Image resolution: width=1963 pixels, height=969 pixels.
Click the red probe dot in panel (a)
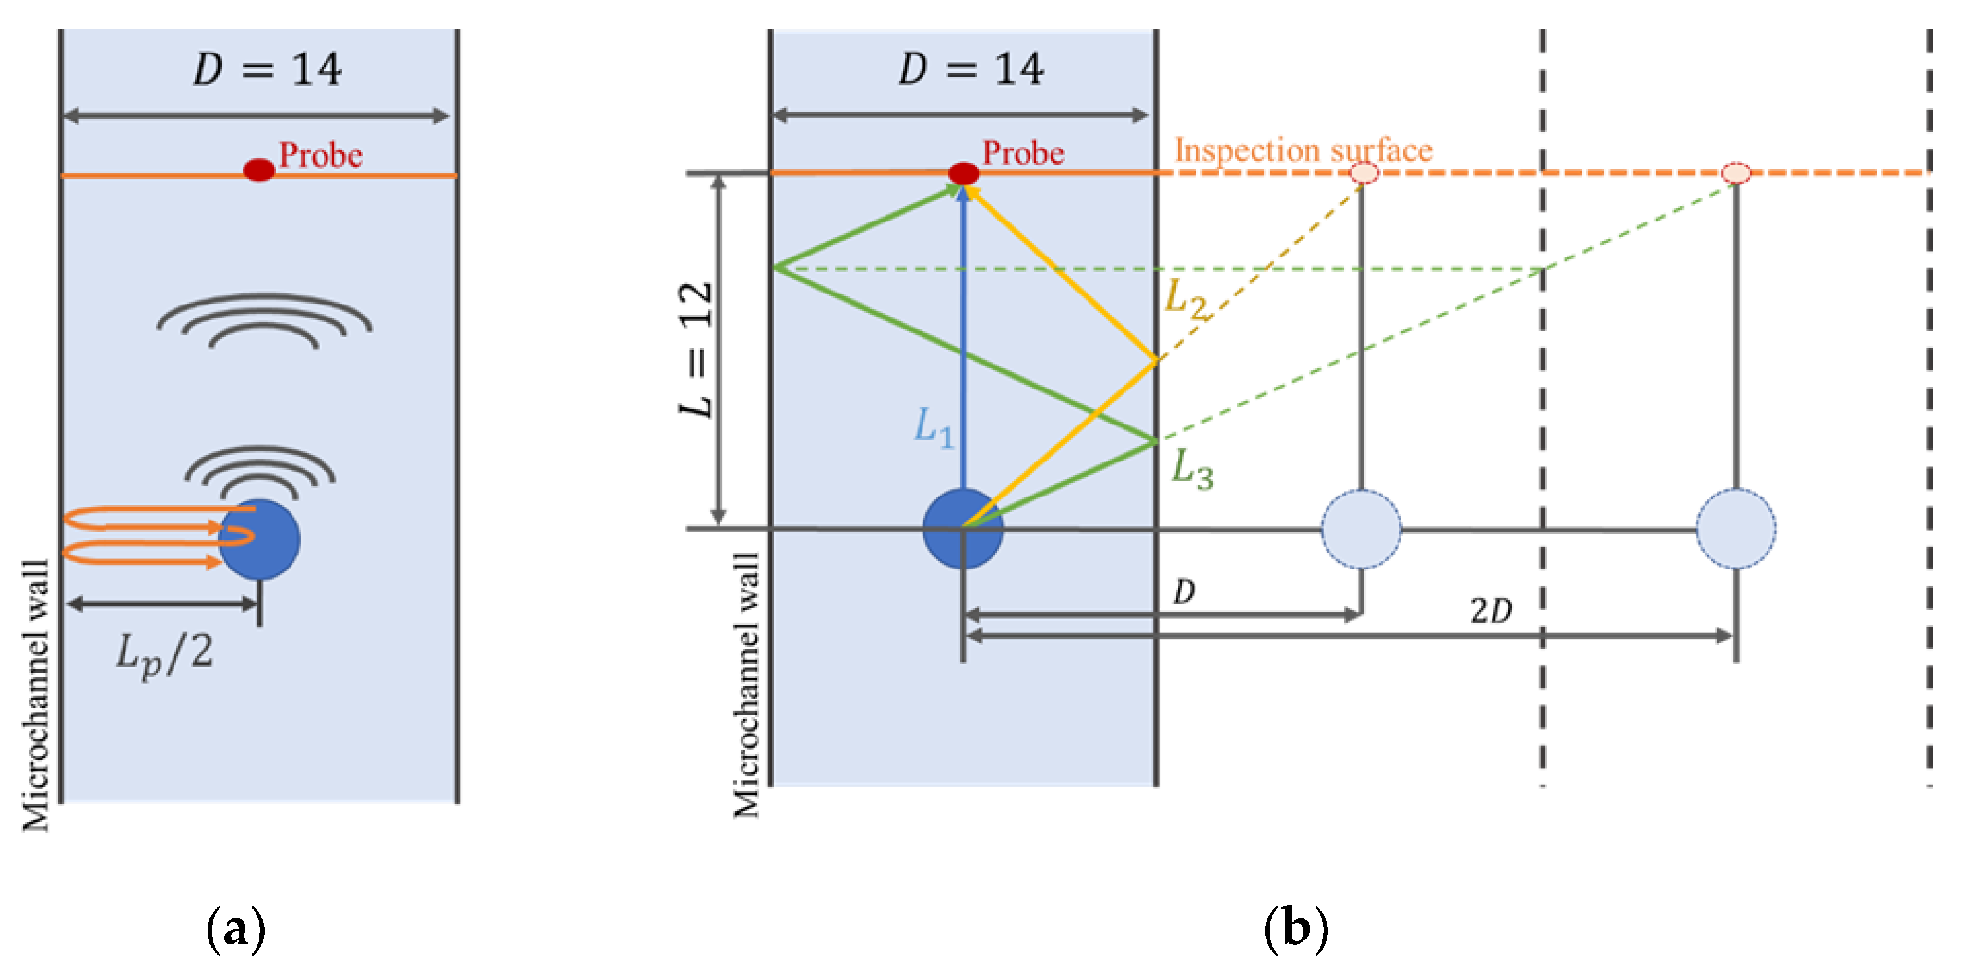click(259, 170)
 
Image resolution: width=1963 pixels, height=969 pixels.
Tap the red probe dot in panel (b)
click(963, 173)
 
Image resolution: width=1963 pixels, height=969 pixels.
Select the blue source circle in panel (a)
click(259, 540)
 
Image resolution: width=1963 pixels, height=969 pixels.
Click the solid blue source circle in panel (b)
click(963, 529)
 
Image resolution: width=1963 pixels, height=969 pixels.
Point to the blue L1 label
click(933, 427)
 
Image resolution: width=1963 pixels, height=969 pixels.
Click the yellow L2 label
click(1185, 299)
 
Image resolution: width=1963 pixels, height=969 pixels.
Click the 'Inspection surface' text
click(1303, 150)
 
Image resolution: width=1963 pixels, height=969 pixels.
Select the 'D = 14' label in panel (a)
click(267, 69)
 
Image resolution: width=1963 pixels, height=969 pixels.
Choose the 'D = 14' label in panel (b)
click(971, 69)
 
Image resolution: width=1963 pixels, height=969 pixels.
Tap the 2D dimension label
click(1490, 611)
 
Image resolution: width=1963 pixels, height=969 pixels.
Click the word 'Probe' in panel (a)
click(321, 155)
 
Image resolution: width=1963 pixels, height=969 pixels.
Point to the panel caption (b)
click(1296, 929)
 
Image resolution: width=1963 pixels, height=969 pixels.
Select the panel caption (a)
click(236, 929)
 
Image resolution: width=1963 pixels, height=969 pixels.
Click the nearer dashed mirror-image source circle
click(1361, 529)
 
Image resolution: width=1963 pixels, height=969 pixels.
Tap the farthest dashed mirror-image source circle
click(1736, 529)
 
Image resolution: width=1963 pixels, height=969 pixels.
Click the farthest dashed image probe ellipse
click(1736, 173)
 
